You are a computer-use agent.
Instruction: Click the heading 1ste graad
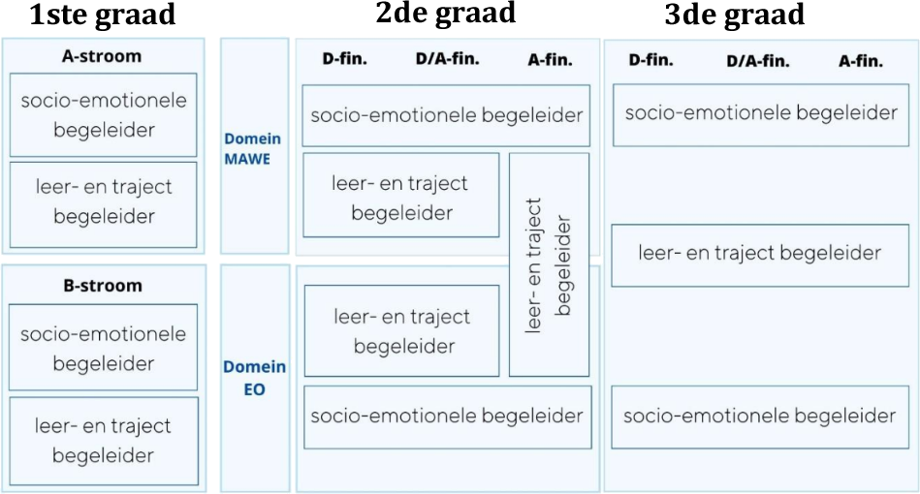(x=104, y=15)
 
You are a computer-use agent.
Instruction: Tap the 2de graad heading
(x=445, y=13)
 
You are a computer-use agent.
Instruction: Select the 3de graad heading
(x=734, y=15)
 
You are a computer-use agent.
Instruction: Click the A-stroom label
(x=103, y=56)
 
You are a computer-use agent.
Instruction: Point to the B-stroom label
(x=103, y=286)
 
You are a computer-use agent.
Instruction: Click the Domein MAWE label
(x=254, y=149)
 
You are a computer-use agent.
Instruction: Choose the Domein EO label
(x=254, y=379)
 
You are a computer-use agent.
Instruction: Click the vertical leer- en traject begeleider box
(x=549, y=263)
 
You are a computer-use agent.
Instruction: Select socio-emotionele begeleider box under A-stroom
(x=104, y=114)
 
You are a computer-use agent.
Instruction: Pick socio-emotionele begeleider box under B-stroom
(x=103, y=349)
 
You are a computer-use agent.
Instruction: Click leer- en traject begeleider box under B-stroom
(x=103, y=441)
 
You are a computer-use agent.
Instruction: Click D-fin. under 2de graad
(x=344, y=60)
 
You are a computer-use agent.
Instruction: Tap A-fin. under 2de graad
(x=550, y=60)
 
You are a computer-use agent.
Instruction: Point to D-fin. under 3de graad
(x=651, y=61)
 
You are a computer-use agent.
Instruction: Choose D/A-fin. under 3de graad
(x=758, y=62)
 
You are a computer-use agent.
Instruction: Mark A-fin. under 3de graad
(x=861, y=62)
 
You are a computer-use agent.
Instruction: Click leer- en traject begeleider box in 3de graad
(x=760, y=254)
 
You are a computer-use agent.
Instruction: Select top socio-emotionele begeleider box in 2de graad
(x=446, y=115)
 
